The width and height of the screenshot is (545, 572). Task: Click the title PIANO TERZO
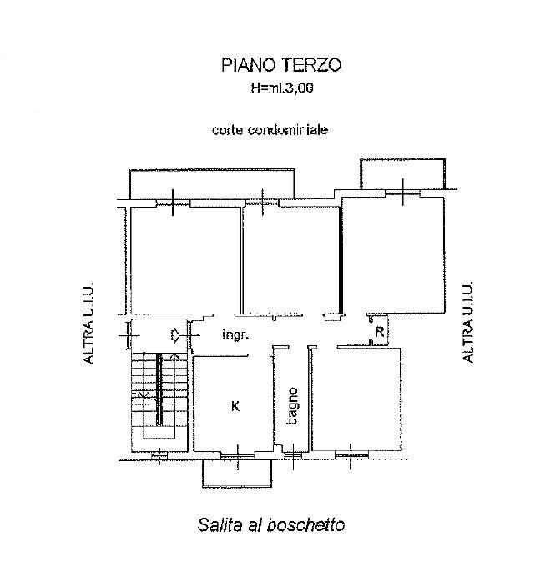281,65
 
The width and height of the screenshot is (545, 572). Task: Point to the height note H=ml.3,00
282,88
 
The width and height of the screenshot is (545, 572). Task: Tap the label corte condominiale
270,130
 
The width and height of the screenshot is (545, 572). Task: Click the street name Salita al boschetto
271,525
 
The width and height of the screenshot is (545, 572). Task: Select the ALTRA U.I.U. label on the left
88,322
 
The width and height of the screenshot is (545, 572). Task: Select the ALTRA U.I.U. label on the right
467,321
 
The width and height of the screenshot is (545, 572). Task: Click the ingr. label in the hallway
235,334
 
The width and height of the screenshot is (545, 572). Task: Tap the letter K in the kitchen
235,405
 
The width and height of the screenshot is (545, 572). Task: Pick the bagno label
292,406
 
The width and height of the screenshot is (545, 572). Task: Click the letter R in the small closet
380,332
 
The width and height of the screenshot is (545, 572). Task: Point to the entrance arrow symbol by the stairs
174,334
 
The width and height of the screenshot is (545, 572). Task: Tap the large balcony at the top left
212,184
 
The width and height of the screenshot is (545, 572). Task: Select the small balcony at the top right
402,174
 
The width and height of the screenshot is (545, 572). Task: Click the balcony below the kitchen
237,473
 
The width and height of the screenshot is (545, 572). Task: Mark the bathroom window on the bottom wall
293,455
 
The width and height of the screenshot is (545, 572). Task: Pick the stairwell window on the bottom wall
159,455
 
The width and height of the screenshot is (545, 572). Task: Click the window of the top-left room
173,203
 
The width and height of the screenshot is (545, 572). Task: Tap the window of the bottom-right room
351,454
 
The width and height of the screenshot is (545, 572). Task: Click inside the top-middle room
291,260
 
